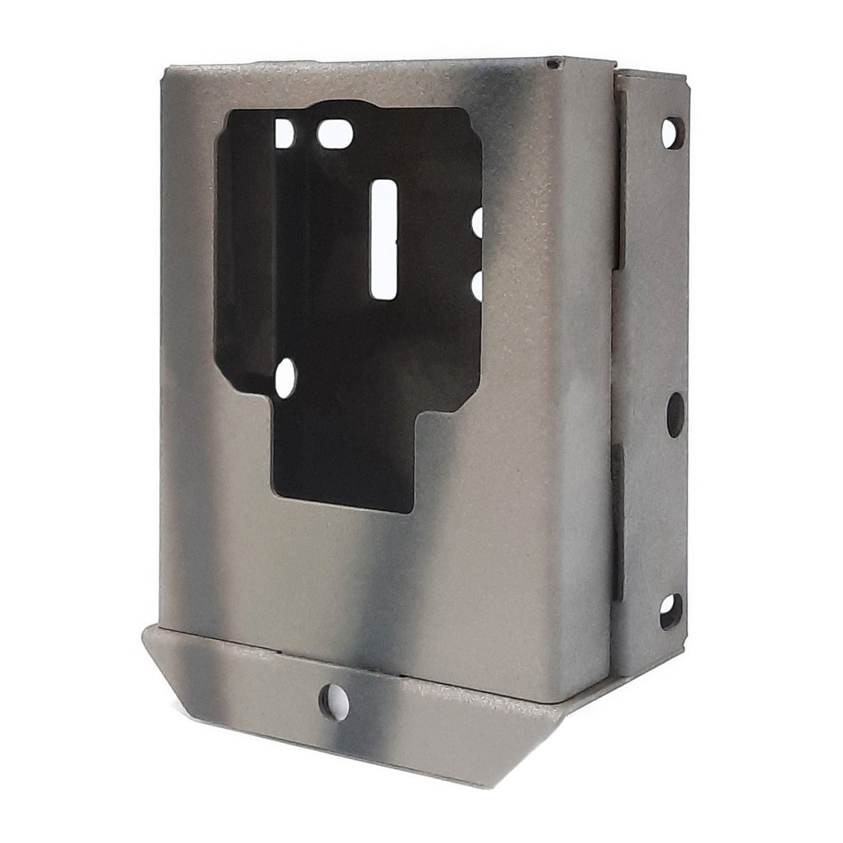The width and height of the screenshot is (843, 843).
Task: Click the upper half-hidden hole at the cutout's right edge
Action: click(478, 224)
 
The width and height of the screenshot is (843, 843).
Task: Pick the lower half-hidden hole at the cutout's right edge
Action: click(478, 283)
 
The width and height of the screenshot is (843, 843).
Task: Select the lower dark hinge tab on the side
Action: click(619, 500)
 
